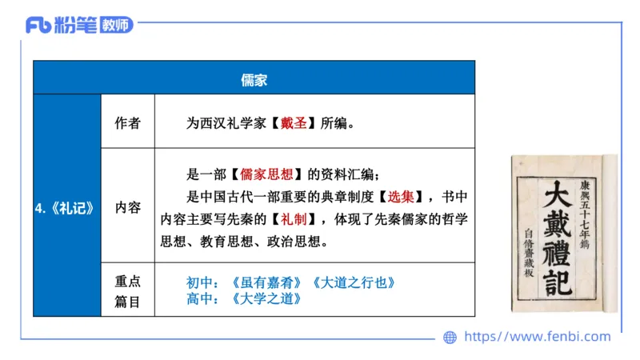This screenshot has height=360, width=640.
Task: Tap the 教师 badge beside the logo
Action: [117, 25]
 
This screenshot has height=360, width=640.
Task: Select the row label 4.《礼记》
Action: [66, 207]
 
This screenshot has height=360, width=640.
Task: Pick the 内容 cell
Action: [127, 207]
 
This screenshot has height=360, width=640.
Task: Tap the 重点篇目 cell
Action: [127, 290]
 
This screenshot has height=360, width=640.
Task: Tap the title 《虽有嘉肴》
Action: [267, 283]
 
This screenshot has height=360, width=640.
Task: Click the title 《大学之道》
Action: [267, 299]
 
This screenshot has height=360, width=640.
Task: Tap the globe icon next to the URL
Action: [450, 338]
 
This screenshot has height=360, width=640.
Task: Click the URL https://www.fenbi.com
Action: [537, 337]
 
